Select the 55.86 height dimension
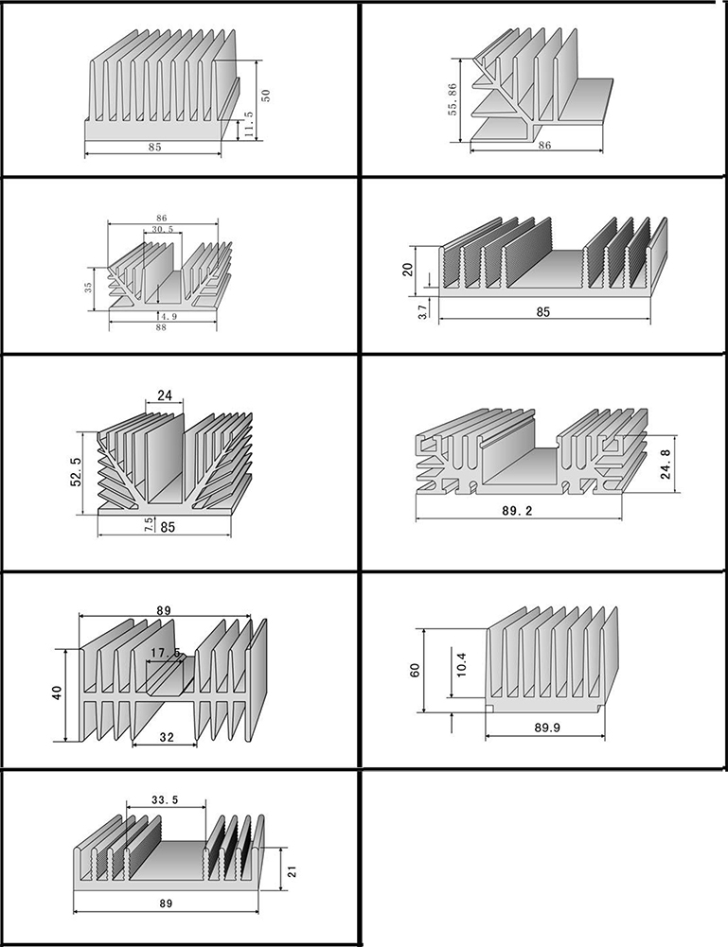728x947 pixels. pyautogui.click(x=453, y=99)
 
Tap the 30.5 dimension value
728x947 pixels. pyautogui.click(x=163, y=230)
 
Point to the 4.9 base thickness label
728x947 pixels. pyautogui.click(x=169, y=316)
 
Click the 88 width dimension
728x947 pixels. pyautogui.click(x=161, y=327)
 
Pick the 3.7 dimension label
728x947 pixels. pyautogui.click(x=423, y=311)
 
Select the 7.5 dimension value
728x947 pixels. pyautogui.click(x=149, y=525)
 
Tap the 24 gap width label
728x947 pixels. pyautogui.click(x=165, y=395)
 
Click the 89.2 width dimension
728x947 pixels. pyautogui.click(x=517, y=511)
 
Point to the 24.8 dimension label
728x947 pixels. pyautogui.click(x=666, y=464)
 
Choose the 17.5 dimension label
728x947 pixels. pyautogui.click(x=166, y=653)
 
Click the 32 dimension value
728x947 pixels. pyautogui.click(x=167, y=737)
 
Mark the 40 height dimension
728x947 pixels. pyautogui.click(x=57, y=693)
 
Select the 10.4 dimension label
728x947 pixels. pyautogui.click(x=462, y=663)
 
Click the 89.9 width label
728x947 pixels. pyautogui.click(x=547, y=728)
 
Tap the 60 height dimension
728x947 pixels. pyautogui.click(x=415, y=670)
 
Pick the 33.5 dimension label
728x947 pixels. pyautogui.click(x=165, y=799)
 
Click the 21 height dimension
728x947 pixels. pyautogui.click(x=293, y=871)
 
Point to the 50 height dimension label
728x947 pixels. pyautogui.click(x=266, y=96)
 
